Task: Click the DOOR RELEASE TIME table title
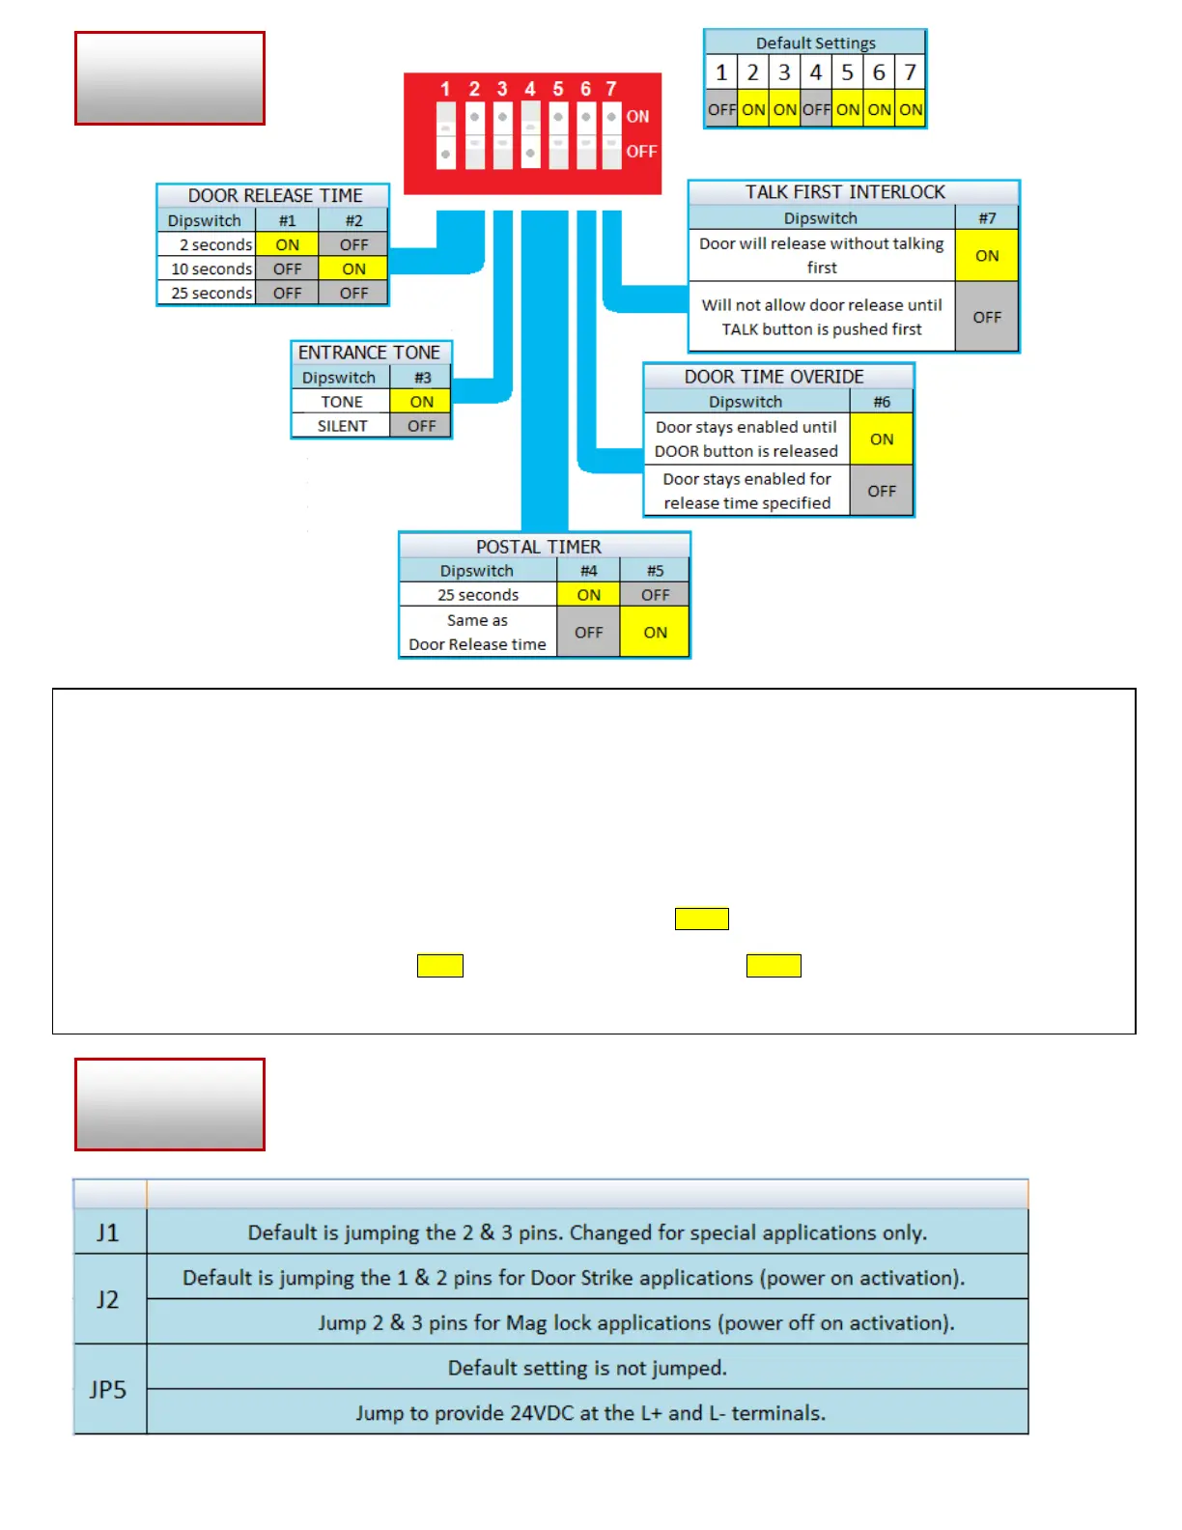point(274,196)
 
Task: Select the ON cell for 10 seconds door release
point(353,269)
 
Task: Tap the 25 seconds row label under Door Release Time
point(211,294)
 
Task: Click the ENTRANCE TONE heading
point(369,354)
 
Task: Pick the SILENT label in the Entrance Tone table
point(342,426)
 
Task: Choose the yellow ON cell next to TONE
point(421,402)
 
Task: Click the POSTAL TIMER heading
point(538,548)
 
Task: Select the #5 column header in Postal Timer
point(655,571)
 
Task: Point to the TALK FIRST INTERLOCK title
point(845,193)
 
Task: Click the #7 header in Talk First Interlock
point(987,218)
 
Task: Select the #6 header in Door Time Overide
point(882,402)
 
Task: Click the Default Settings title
point(815,43)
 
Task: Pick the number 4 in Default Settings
point(816,72)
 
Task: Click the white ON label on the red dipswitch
point(638,117)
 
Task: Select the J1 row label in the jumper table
point(108,1233)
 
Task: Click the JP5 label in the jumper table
point(108,1390)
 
